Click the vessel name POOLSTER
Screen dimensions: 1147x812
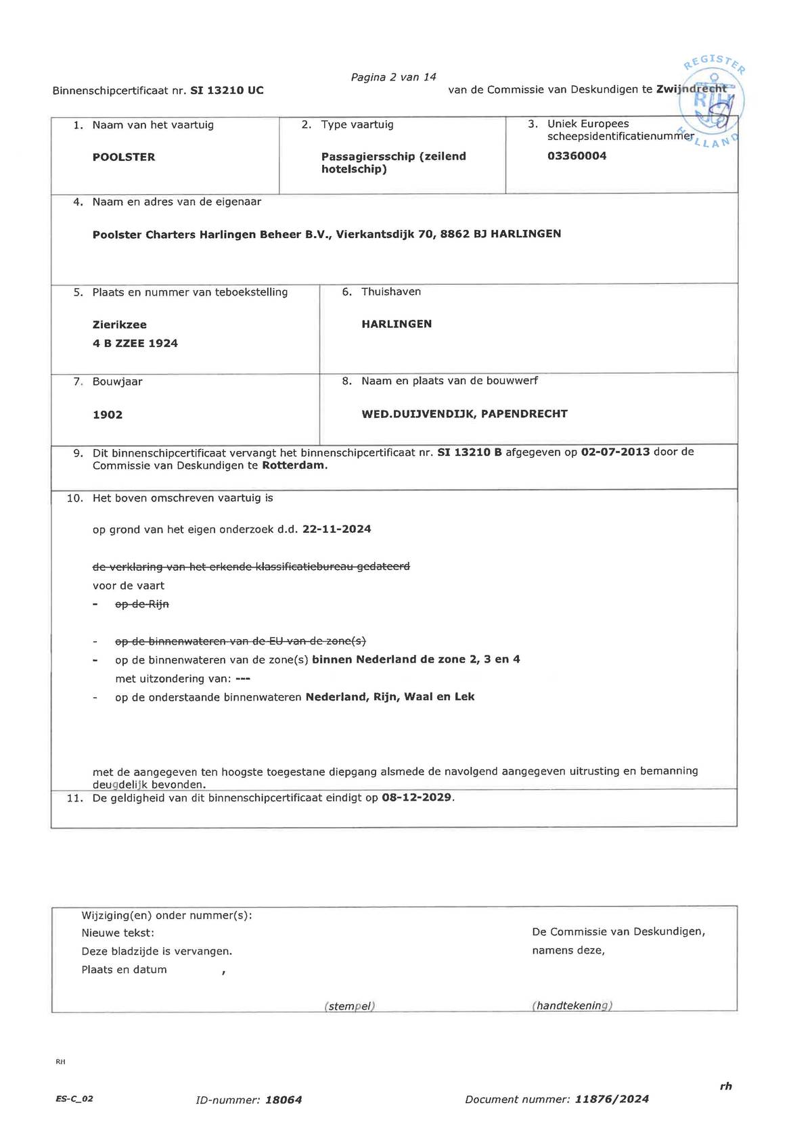(x=124, y=157)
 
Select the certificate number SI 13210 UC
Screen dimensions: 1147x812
(x=227, y=90)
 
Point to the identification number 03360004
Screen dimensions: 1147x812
(x=577, y=156)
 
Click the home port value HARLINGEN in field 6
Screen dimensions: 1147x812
(x=397, y=324)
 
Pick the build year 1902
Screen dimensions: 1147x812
(x=108, y=415)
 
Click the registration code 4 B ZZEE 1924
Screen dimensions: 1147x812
(x=135, y=343)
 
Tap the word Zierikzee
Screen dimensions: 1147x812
(x=119, y=325)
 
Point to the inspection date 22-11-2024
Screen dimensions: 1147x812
(x=337, y=529)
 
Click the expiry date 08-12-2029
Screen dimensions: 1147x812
(x=417, y=797)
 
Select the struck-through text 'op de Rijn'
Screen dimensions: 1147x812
(x=142, y=604)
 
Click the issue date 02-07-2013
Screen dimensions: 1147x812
(x=615, y=452)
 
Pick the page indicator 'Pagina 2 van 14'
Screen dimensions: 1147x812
(x=393, y=77)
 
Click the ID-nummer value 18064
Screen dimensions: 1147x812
(x=284, y=1100)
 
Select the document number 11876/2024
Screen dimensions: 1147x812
(x=612, y=1099)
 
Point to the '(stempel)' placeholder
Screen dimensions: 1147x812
(x=350, y=1006)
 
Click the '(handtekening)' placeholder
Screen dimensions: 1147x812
(x=572, y=1006)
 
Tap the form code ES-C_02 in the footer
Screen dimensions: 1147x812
(x=74, y=1099)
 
